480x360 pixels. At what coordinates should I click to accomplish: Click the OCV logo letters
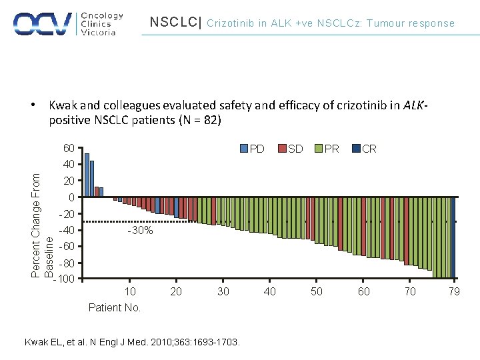pyautogui.click(x=43, y=23)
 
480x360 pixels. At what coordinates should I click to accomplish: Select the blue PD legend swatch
pyautogui.click(x=245, y=149)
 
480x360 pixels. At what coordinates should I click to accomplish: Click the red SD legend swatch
pyautogui.click(x=282, y=149)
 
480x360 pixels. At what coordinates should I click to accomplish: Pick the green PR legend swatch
pyautogui.click(x=319, y=149)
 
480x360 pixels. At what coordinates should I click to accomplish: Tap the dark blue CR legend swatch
pyautogui.click(x=356, y=149)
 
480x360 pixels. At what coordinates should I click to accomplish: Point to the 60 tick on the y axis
pyautogui.click(x=69, y=148)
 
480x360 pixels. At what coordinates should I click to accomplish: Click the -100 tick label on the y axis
pyautogui.click(x=66, y=279)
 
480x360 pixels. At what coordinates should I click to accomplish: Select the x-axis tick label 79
pyautogui.click(x=453, y=291)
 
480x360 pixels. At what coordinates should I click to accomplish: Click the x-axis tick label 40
pyautogui.click(x=270, y=291)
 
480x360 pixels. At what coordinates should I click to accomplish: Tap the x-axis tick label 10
pyautogui.click(x=131, y=291)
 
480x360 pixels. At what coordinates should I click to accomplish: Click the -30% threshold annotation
pyautogui.click(x=140, y=231)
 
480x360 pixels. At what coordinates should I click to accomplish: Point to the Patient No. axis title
pyautogui.click(x=115, y=307)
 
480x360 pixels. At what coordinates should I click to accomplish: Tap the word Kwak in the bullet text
pyautogui.click(x=62, y=105)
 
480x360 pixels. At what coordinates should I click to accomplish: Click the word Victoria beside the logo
pyautogui.click(x=98, y=32)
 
